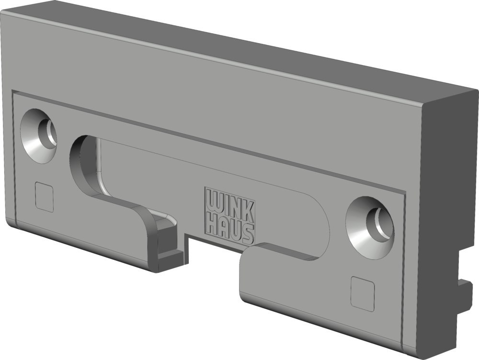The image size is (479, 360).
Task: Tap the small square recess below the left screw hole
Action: point(45,197)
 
